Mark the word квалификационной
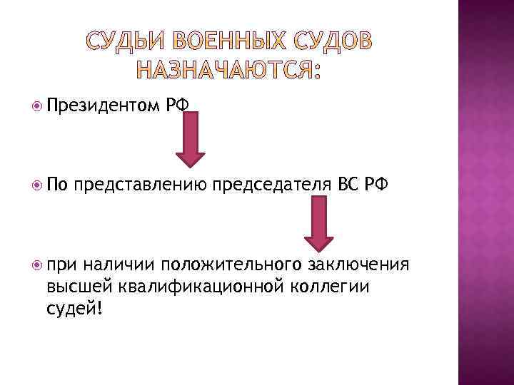click(198, 286)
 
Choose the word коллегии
click(329, 286)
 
